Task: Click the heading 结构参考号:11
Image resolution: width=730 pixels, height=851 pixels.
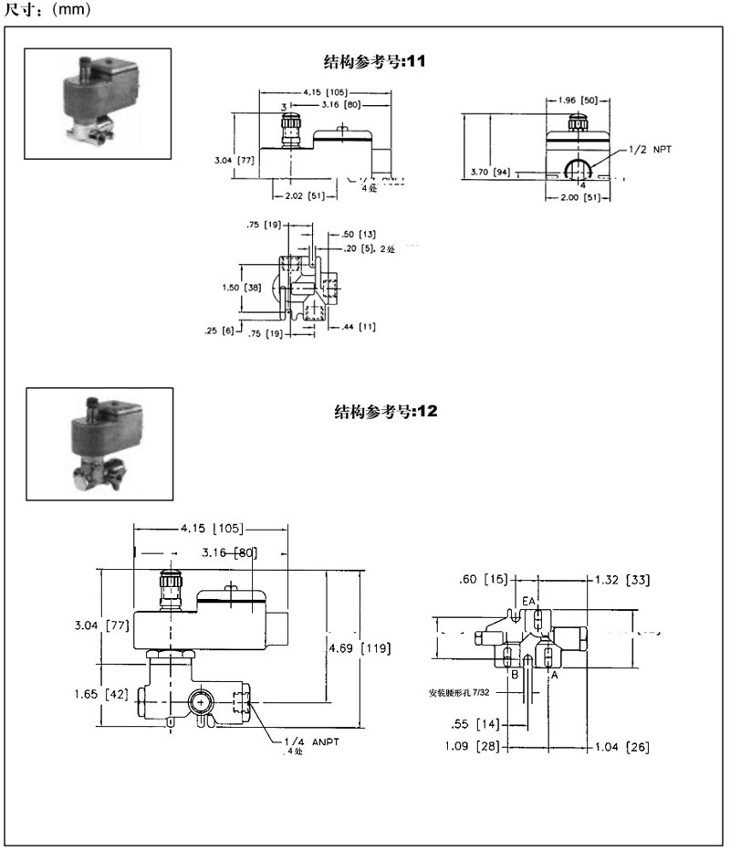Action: (x=375, y=62)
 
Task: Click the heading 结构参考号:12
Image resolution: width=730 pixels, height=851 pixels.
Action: (x=387, y=411)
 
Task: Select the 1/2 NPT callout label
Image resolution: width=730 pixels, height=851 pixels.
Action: (x=650, y=149)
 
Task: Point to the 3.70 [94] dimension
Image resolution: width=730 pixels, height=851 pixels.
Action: (x=489, y=171)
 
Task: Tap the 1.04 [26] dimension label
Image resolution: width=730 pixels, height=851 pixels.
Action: (x=625, y=747)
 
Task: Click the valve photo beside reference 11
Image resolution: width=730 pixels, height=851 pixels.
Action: (x=97, y=104)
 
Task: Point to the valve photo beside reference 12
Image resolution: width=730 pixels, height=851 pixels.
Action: (x=99, y=444)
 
